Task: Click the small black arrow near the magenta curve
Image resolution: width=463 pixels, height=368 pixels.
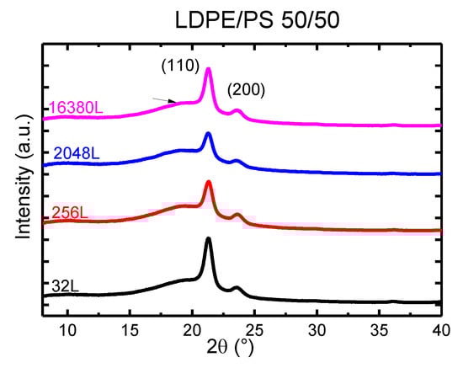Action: pyautogui.click(x=165, y=100)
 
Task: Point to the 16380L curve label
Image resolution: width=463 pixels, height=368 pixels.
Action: pyautogui.click(x=74, y=108)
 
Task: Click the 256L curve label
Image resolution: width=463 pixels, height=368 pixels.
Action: pyautogui.click(x=70, y=213)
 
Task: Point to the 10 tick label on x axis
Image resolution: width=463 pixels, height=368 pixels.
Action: pyautogui.click(x=68, y=328)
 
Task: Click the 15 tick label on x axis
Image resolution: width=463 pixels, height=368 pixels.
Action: pyautogui.click(x=130, y=328)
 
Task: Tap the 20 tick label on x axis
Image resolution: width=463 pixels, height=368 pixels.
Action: pyautogui.click(x=192, y=328)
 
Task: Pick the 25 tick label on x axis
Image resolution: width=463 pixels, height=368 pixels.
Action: pyautogui.click(x=254, y=328)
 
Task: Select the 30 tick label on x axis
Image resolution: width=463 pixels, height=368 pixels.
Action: pyautogui.click(x=317, y=328)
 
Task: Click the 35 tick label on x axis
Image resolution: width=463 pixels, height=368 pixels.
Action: pyautogui.click(x=379, y=328)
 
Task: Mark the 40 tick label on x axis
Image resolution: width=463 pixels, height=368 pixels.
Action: pyautogui.click(x=440, y=328)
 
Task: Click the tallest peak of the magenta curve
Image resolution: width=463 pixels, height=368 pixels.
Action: pyautogui.click(x=208, y=70)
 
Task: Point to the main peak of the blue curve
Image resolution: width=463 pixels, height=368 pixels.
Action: pyautogui.click(x=208, y=134)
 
